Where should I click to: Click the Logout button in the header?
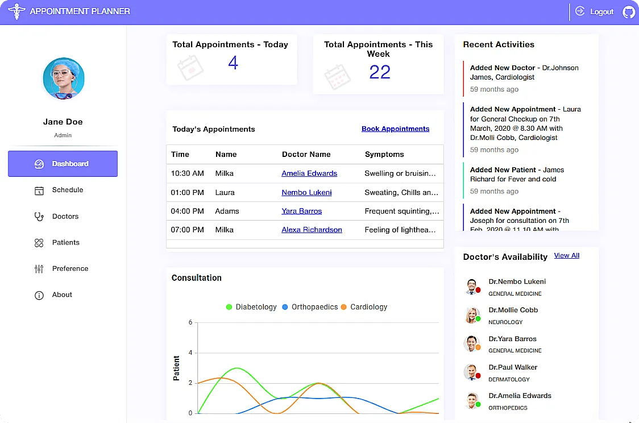pyautogui.click(x=595, y=11)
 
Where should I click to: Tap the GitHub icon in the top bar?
pyautogui.click(x=629, y=12)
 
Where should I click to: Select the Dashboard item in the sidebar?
pyautogui.click(x=63, y=164)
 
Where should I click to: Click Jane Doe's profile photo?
pyautogui.click(x=64, y=78)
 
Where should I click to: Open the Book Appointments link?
pyautogui.click(x=395, y=129)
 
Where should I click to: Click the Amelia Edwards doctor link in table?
pyautogui.click(x=309, y=173)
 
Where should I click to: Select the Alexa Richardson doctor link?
pyautogui.click(x=312, y=230)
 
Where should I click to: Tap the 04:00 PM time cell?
pyautogui.click(x=187, y=211)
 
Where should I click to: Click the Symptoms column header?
pyautogui.click(x=384, y=154)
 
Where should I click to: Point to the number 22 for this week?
pyautogui.click(x=379, y=72)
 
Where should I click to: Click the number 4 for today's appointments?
pyautogui.click(x=233, y=63)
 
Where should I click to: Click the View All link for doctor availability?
pyautogui.click(x=566, y=256)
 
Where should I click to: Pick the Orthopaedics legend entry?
pyautogui.click(x=310, y=307)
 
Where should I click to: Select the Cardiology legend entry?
pyautogui.click(x=364, y=307)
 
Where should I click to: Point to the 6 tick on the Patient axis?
pyautogui.click(x=190, y=322)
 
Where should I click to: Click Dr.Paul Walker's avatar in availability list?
pyautogui.click(x=471, y=372)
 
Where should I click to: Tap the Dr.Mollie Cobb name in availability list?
pyautogui.click(x=513, y=310)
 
